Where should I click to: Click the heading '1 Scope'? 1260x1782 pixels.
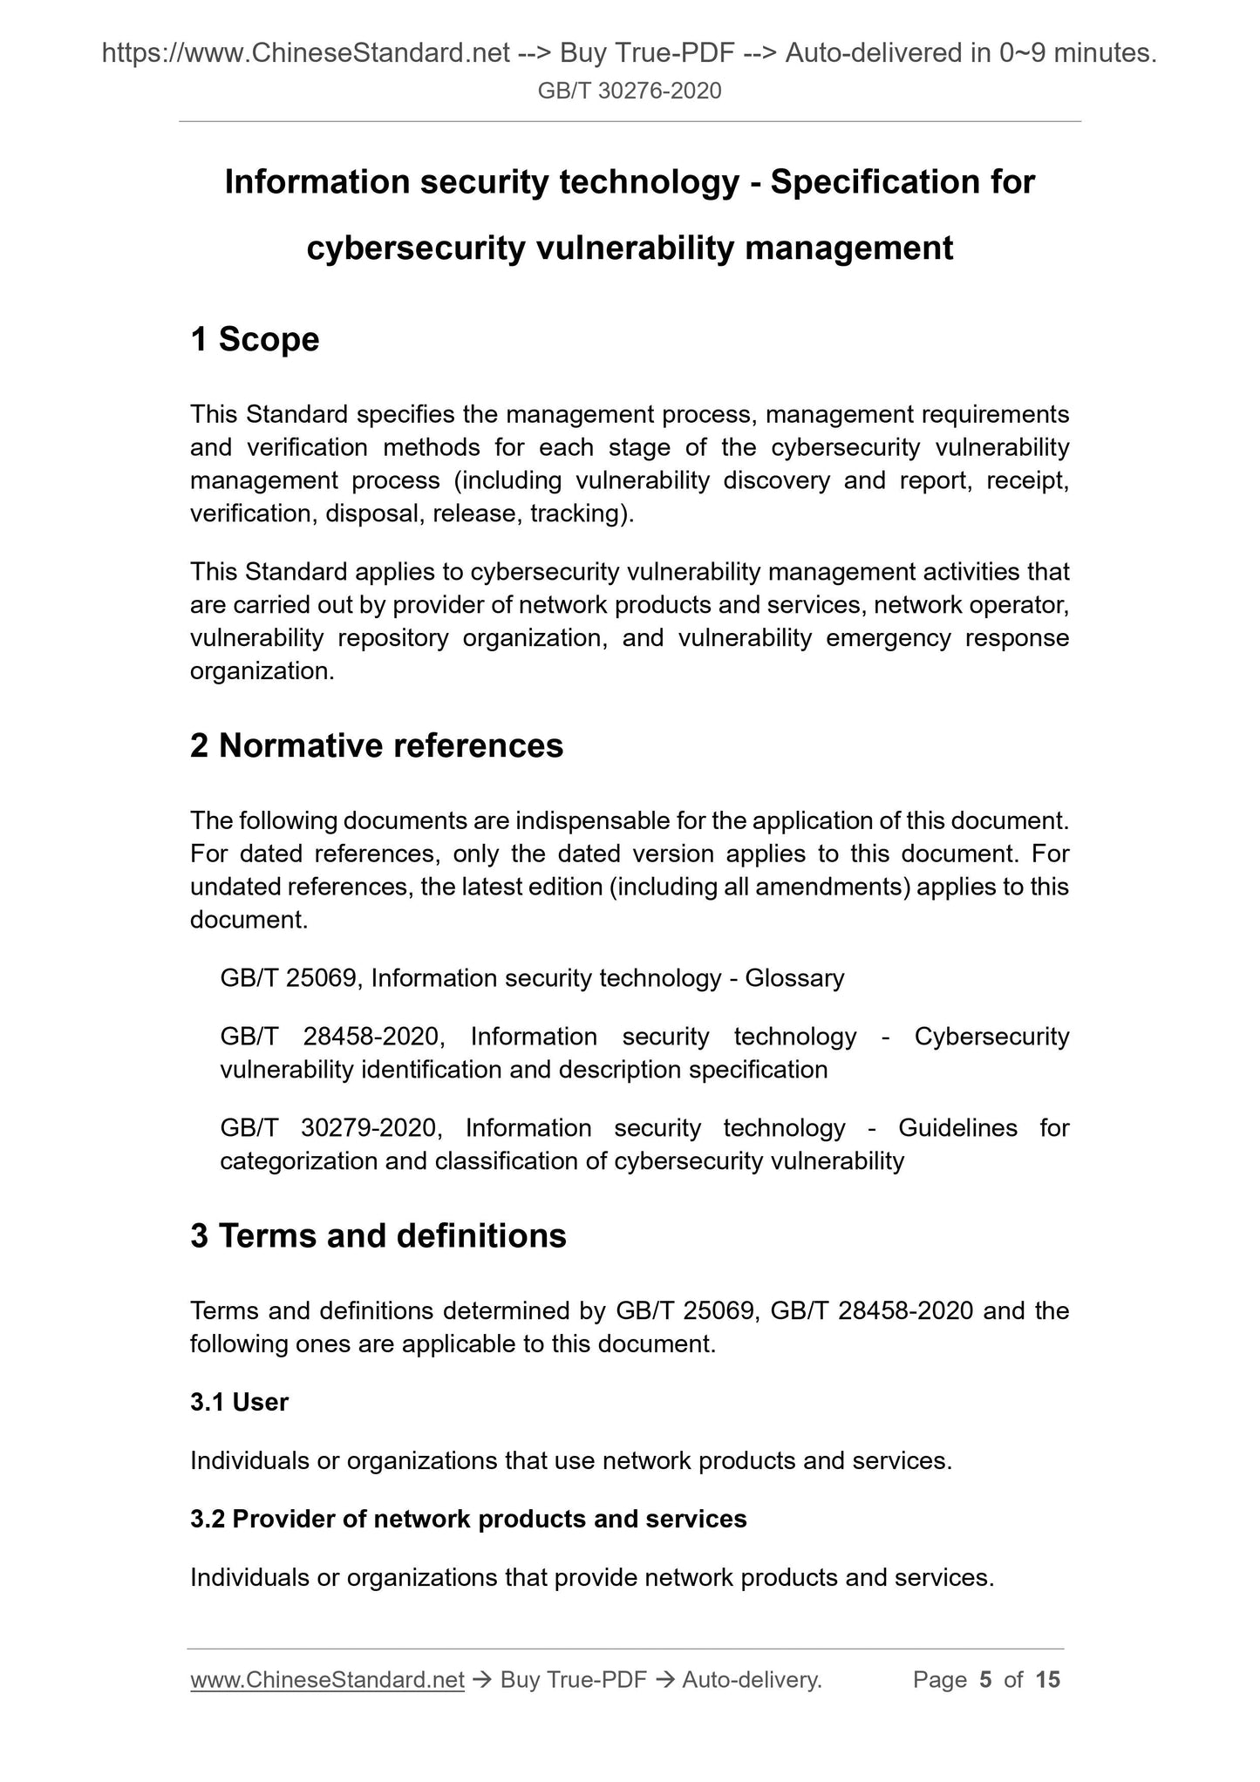point(255,339)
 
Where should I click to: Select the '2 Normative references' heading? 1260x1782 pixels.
point(377,745)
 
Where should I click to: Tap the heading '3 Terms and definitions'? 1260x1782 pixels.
point(378,1235)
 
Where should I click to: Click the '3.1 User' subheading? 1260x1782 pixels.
point(239,1402)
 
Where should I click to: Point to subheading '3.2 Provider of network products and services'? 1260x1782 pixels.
point(468,1519)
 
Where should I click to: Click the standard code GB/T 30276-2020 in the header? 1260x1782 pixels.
point(630,91)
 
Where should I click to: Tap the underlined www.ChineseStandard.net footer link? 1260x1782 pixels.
point(327,1679)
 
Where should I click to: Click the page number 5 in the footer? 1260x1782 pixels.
point(985,1679)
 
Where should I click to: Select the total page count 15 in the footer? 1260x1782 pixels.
point(1047,1679)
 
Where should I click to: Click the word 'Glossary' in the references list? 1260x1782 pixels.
point(794,978)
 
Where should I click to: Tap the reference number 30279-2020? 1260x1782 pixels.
point(367,1128)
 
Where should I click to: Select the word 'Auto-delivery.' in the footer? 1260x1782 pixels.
point(753,1679)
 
